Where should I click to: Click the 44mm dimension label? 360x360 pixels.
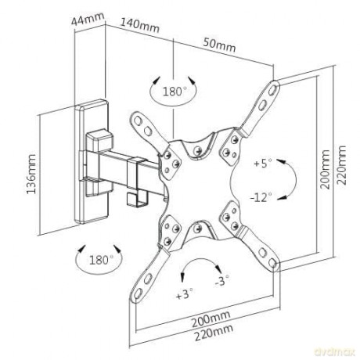[x=88, y=19]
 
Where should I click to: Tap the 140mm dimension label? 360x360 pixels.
[x=139, y=25]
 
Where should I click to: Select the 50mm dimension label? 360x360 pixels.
[x=219, y=45]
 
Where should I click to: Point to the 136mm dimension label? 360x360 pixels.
[x=31, y=174]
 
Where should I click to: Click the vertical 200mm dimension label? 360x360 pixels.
[x=325, y=169]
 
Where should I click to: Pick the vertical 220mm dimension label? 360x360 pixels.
[x=341, y=165]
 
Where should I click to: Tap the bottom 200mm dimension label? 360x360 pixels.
[x=211, y=319]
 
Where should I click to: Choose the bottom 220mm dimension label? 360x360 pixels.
[x=214, y=333]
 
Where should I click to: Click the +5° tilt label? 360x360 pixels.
[x=263, y=164]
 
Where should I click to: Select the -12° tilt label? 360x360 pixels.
[x=261, y=197]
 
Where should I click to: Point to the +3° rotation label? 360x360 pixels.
[x=185, y=294]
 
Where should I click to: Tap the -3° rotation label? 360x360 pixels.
[x=221, y=281]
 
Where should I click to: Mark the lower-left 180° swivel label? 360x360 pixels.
[x=101, y=260]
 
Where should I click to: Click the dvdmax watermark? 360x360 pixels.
[x=335, y=352]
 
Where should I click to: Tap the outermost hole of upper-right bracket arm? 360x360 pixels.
[x=272, y=89]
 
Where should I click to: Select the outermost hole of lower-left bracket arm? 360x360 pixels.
[x=138, y=293]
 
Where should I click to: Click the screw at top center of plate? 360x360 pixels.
[x=198, y=150]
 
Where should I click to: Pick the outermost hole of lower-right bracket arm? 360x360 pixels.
[x=272, y=262]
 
